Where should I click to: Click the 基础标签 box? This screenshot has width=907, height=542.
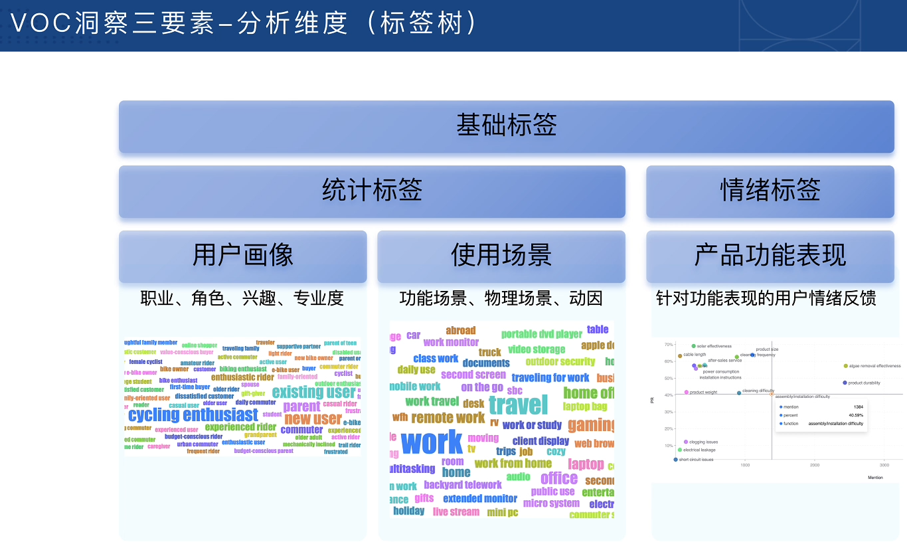[506, 126]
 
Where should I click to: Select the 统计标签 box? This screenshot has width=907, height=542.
[372, 191]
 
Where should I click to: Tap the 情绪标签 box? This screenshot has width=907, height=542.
[770, 191]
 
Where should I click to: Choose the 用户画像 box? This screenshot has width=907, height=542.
[242, 256]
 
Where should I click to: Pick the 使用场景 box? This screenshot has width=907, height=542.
[501, 256]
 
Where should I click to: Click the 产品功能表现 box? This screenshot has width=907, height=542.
[770, 256]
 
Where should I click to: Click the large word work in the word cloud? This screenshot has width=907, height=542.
[432, 442]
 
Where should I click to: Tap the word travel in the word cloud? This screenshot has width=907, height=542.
[518, 405]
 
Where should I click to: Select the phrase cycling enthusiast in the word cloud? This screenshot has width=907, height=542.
[193, 415]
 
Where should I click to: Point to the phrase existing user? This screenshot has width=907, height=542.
[313, 392]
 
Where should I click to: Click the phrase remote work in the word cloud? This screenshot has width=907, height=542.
[448, 418]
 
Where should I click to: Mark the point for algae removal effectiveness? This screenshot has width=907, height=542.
[845, 366]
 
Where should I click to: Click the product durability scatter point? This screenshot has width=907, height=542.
[845, 383]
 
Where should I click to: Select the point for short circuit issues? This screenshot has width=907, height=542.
[675, 460]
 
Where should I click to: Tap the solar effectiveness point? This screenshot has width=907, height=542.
[693, 346]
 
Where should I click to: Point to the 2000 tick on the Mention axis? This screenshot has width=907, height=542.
[814, 466]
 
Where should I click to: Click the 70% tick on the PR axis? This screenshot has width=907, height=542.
[668, 345]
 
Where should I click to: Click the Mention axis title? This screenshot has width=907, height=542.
[875, 478]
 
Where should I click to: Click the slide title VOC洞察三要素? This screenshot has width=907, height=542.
[113, 25]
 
